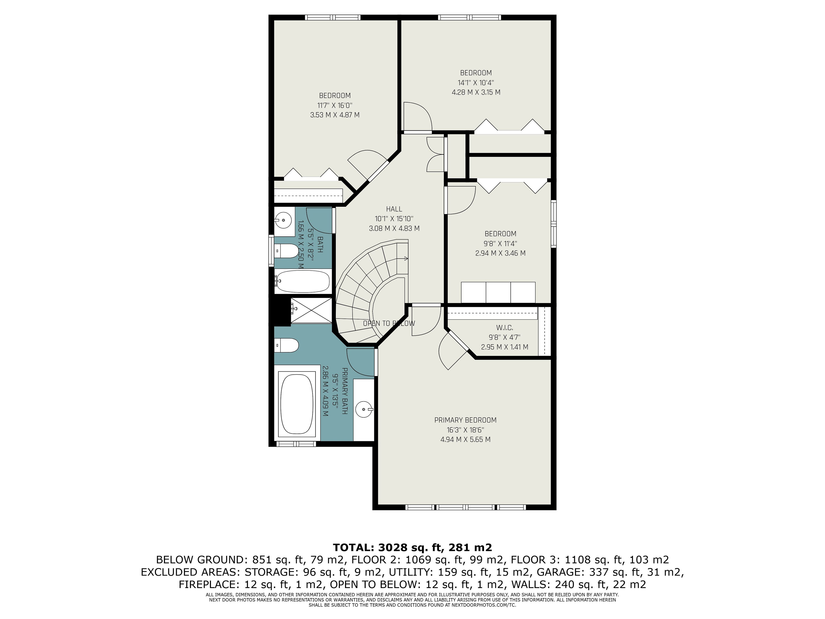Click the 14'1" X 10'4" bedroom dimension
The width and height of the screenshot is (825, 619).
click(x=476, y=83)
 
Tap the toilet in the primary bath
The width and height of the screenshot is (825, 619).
click(x=286, y=345)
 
